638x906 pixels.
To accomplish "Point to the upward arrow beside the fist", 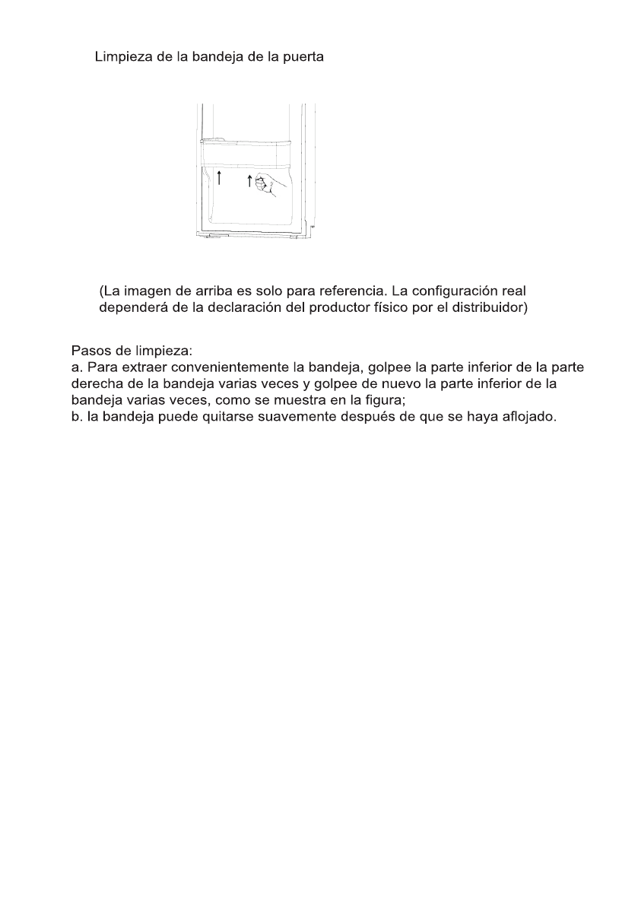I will pyautogui.click(x=249, y=181).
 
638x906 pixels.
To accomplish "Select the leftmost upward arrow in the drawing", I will pyautogui.click(x=219, y=179).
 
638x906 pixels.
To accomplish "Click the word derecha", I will pyautogui.click(x=94, y=384).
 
